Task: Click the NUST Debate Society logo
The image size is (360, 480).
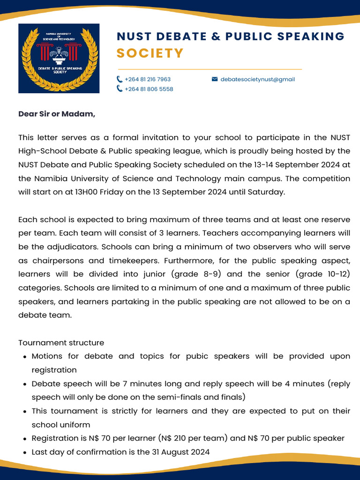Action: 59,58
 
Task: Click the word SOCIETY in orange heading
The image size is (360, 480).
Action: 150,53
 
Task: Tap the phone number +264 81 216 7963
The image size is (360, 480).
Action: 148,79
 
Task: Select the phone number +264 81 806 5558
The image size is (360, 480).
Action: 149,89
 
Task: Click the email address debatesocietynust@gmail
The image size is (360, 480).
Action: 257,79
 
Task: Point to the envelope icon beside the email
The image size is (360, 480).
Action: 215,79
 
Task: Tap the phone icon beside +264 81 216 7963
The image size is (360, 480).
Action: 120,79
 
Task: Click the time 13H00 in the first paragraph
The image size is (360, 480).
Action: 88,192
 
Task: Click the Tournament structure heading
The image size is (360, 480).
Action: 61,343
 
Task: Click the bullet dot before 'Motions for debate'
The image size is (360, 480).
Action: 24,357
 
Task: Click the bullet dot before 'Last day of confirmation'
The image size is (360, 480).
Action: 24,452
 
